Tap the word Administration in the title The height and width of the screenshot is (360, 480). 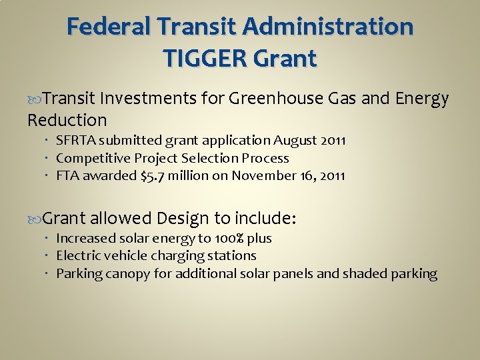coord(330,28)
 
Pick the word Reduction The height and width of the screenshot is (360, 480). coord(67,121)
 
